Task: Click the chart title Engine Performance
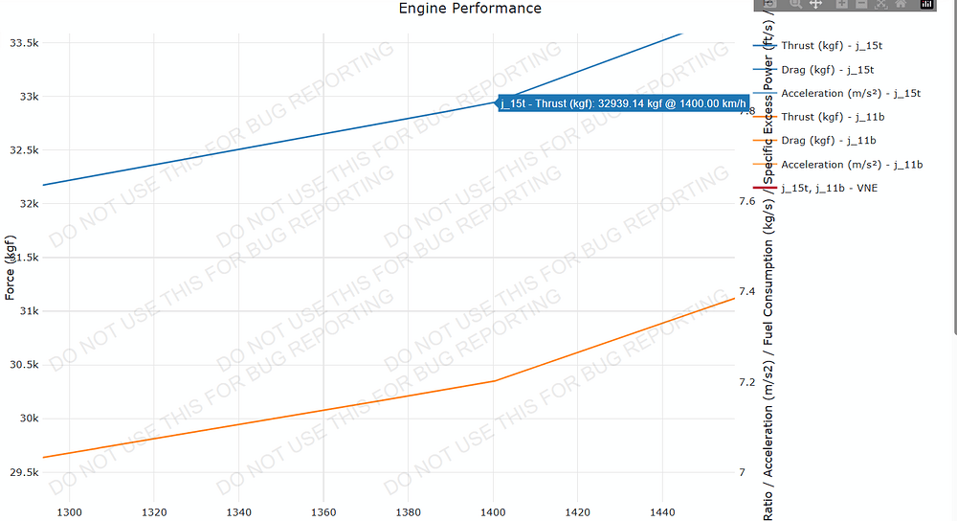[470, 9]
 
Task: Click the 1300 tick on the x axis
[71, 512]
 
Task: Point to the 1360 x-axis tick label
[323, 512]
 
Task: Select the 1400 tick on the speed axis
[493, 512]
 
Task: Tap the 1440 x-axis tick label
[662, 512]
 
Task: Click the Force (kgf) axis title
[11, 267]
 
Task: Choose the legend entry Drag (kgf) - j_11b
[827, 141]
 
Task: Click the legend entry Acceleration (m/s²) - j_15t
[851, 93]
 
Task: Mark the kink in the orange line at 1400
[494, 381]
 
